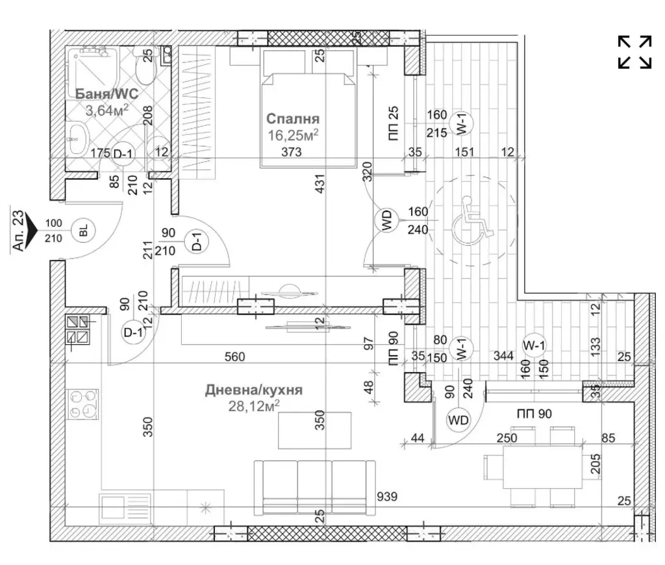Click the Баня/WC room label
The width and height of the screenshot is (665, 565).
click(x=107, y=94)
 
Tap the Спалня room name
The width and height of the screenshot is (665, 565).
click(x=293, y=118)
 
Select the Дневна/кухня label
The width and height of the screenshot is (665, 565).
click(x=254, y=390)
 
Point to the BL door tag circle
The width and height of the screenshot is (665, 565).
click(x=84, y=231)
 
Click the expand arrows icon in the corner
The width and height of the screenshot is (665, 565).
click(x=634, y=52)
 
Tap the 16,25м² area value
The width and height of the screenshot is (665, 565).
click(x=293, y=135)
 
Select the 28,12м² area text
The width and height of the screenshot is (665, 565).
click(x=254, y=406)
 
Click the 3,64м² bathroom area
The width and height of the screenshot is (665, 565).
click(x=107, y=110)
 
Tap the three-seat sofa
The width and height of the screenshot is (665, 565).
click(x=315, y=488)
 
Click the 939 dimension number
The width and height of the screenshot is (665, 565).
click(x=387, y=496)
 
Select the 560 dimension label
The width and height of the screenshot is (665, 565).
click(x=234, y=357)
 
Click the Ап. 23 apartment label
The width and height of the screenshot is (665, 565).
click(x=19, y=231)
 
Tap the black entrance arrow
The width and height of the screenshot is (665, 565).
click(x=32, y=231)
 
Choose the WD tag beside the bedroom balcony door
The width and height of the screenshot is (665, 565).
click(x=386, y=221)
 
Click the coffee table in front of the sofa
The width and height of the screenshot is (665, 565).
click(x=315, y=430)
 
